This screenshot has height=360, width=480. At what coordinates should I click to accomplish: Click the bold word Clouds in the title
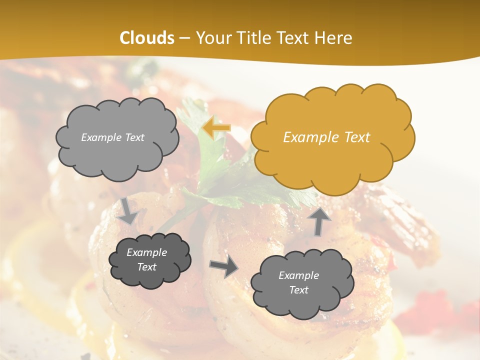tap(147, 38)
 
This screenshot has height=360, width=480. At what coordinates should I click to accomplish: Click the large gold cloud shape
tap(332, 135)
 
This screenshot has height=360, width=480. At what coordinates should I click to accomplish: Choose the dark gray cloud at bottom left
tap(149, 260)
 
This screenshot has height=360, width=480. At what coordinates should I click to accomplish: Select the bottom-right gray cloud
tap(301, 283)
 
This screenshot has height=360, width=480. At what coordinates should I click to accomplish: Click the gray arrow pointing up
tap(319, 220)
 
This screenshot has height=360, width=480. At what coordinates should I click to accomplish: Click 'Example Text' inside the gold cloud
tap(326, 137)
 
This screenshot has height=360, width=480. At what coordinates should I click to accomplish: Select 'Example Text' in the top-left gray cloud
tap(112, 137)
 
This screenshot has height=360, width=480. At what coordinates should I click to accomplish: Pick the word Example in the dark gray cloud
tap(146, 252)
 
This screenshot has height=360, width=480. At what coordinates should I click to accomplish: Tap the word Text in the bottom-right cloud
tap(298, 290)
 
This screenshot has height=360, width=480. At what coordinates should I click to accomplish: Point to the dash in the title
tap(184, 38)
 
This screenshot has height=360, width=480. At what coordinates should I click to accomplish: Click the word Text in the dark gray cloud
tap(146, 267)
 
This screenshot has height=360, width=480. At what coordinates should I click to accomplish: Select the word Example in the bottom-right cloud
tap(298, 275)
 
